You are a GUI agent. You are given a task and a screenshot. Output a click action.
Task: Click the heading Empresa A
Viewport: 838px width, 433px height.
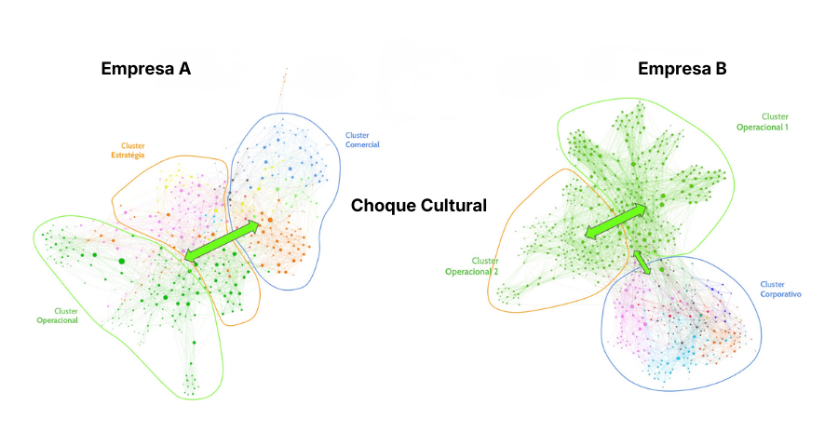tap(145, 69)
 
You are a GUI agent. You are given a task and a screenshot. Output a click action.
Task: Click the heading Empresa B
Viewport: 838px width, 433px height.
tap(682, 69)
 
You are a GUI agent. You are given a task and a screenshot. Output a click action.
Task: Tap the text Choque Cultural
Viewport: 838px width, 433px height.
tap(418, 206)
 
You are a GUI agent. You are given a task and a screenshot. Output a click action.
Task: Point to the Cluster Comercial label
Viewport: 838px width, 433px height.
tap(361, 140)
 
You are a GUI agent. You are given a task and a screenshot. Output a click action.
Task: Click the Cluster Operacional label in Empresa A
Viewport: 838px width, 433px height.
tap(57, 315)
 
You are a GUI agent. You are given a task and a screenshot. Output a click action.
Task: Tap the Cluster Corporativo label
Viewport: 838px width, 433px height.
tap(780, 289)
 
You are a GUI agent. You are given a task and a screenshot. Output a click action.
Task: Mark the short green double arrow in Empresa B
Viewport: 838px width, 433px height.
tap(642, 262)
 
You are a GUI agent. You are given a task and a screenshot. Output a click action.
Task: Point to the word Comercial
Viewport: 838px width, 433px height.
tap(362, 144)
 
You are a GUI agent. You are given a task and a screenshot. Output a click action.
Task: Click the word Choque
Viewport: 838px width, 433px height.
tap(383, 206)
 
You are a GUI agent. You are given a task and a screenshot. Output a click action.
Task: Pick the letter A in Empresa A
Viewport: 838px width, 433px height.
tap(184, 69)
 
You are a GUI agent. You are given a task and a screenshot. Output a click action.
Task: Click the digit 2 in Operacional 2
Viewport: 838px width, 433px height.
tap(495, 272)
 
